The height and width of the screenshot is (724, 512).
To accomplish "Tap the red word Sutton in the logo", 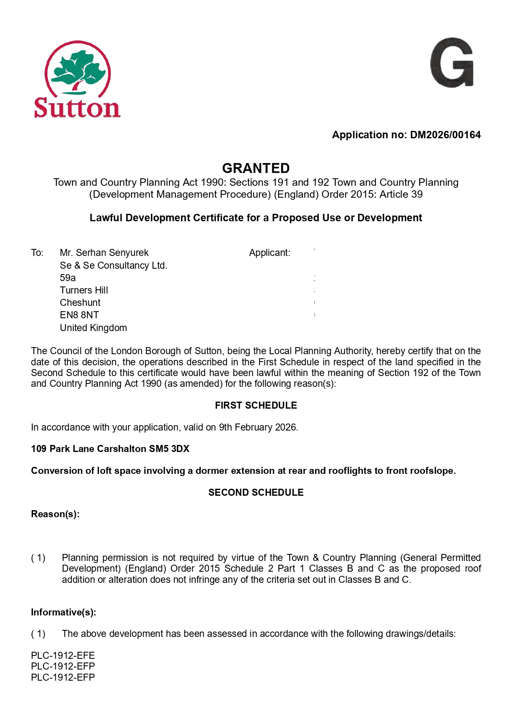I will click(x=77, y=108).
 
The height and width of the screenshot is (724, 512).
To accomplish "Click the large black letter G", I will click(x=452, y=63).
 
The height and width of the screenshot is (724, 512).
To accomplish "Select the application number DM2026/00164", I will click(x=445, y=135).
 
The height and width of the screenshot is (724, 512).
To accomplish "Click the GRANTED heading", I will click(x=256, y=168).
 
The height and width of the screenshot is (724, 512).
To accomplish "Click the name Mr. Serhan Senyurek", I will click(x=104, y=253).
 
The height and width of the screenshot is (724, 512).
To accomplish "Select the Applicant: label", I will click(x=269, y=253).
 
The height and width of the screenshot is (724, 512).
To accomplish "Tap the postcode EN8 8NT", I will click(x=79, y=315).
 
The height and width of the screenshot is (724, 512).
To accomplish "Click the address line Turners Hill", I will click(x=84, y=290).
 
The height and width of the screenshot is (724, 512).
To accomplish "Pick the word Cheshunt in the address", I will click(x=80, y=303).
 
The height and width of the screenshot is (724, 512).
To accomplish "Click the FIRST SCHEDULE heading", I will click(x=256, y=405).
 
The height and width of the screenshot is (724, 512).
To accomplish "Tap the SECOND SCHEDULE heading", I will click(x=256, y=492).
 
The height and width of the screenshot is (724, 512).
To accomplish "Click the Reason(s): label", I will click(x=55, y=514).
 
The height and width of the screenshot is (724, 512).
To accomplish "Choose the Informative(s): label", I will click(x=64, y=612).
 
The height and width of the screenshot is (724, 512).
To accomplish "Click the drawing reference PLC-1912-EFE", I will click(x=63, y=655).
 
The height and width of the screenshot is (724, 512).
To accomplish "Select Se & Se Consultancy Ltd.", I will click(x=113, y=265).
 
